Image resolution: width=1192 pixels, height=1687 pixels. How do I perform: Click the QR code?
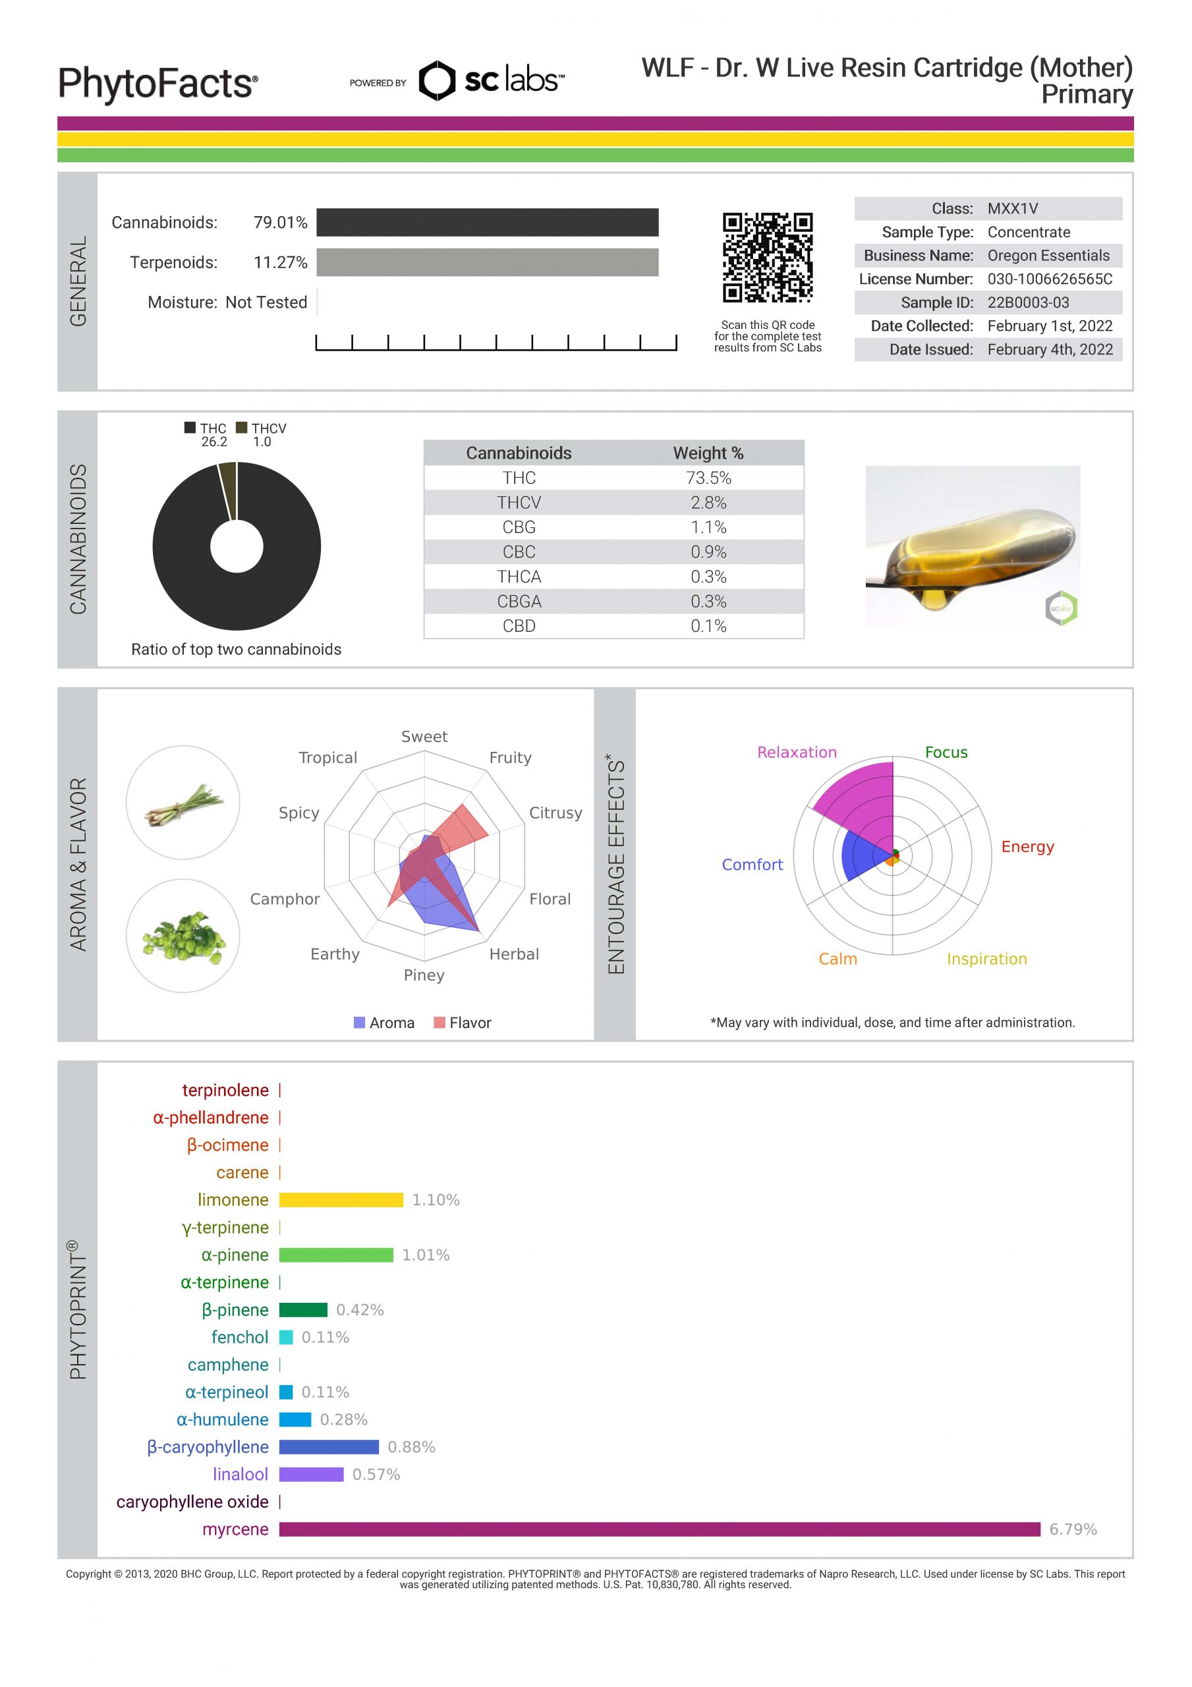coord(767,257)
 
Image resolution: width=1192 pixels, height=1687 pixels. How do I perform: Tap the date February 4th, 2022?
coord(1050,350)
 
